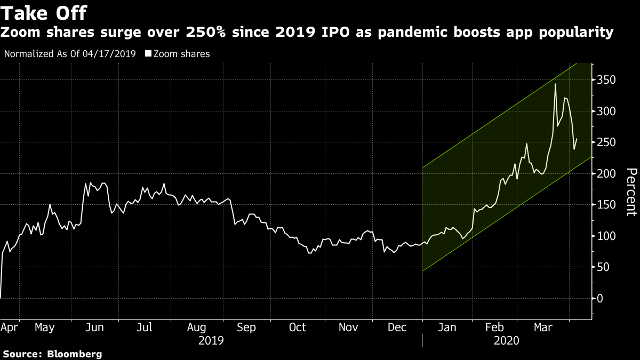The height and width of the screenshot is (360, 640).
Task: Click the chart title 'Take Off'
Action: pyautogui.click(x=44, y=12)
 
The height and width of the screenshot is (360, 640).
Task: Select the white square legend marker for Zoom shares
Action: pyautogui.click(x=148, y=54)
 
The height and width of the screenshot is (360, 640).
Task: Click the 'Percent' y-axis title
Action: pyautogui.click(x=631, y=191)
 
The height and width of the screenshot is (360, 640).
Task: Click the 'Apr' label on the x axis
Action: pyautogui.click(x=9, y=327)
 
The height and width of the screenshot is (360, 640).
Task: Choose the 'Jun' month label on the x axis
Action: pyautogui.click(x=94, y=327)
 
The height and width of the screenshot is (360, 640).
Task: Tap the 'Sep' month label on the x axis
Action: pyautogui.click(x=246, y=327)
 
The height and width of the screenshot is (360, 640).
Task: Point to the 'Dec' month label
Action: pyautogui.click(x=397, y=327)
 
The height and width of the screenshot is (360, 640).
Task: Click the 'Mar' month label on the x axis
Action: pyautogui.click(x=544, y=327)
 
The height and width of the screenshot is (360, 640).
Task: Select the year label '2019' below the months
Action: pyautogui.click(x=211, y=340)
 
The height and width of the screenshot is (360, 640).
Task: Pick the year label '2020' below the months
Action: pyautogui.click(x=507, y=340)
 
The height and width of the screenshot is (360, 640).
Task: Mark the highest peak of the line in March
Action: pyautogui.click(x=555, y=84)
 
